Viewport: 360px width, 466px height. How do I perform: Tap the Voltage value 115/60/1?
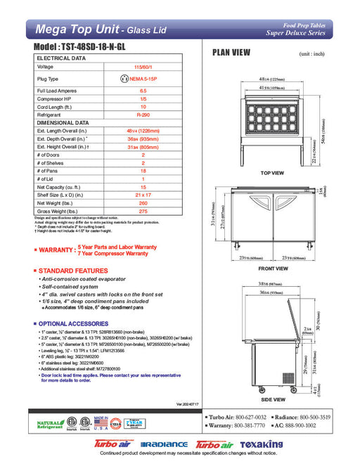click(143, 67)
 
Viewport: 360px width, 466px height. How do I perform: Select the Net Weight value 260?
click(143, 202)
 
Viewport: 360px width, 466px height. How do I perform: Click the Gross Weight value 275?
click(143, 211)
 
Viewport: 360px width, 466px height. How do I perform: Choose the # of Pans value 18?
click(143, 171)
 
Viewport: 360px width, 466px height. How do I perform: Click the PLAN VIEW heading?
click(231, 52)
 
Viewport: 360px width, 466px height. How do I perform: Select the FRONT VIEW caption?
click(273, 268)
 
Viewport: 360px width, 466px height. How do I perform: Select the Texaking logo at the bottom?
click(261, 446)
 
